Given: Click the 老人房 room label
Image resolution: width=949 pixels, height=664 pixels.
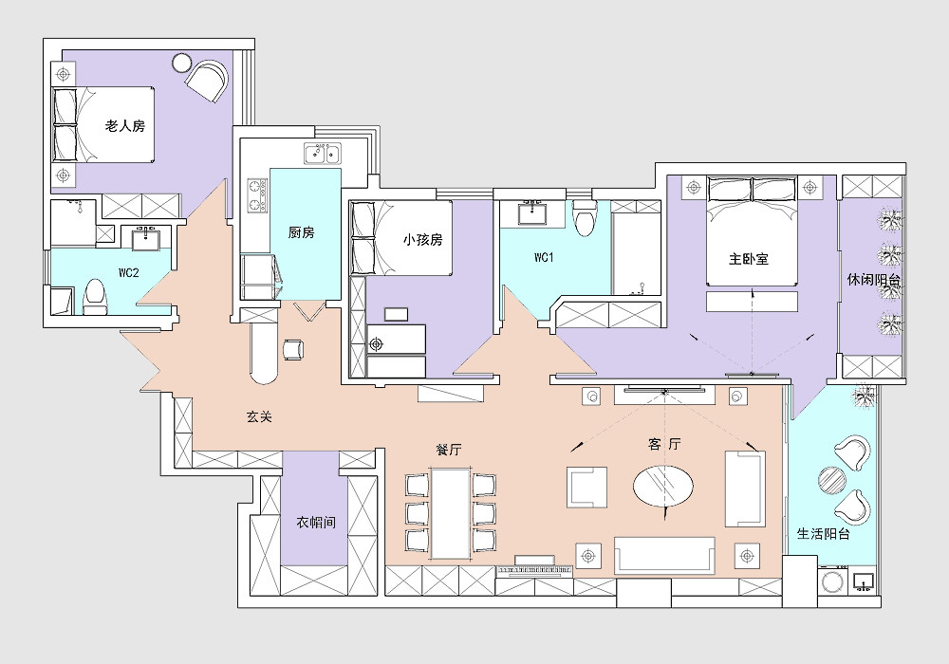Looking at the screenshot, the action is point(125,126).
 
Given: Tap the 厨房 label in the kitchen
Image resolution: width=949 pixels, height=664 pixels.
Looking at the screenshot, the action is point(302,232).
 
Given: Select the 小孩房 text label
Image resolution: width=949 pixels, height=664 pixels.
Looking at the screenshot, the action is point(423,239).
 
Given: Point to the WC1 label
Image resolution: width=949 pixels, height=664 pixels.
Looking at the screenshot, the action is point(544,258).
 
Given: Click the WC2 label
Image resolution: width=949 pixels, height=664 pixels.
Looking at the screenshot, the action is point(128,273).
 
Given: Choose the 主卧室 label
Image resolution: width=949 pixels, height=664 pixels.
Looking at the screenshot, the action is point(749,259).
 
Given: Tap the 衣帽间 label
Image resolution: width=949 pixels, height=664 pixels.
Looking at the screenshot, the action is point(316,522).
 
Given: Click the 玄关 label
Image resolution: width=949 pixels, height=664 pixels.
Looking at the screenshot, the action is point(259,416).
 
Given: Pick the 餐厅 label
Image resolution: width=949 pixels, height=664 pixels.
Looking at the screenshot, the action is point(449,450).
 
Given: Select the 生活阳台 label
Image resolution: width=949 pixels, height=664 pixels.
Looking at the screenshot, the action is point(824,534).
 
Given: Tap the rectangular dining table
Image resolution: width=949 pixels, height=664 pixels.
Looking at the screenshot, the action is point(450,513).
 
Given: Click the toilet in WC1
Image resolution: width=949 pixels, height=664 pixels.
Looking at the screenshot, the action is point(585,218).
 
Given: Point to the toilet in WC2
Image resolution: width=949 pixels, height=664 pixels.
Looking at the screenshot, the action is point(94,297).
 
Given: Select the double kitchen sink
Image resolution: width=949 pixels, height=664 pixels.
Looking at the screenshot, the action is point(323,154).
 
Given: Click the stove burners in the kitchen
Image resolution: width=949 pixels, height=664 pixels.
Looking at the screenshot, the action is point(256,195).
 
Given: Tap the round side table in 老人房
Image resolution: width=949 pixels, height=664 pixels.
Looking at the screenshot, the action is point(181,63).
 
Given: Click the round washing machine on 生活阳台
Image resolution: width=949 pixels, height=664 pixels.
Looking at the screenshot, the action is point(834,581).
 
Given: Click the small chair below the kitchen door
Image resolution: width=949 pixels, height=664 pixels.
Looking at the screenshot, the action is point(293,349).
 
